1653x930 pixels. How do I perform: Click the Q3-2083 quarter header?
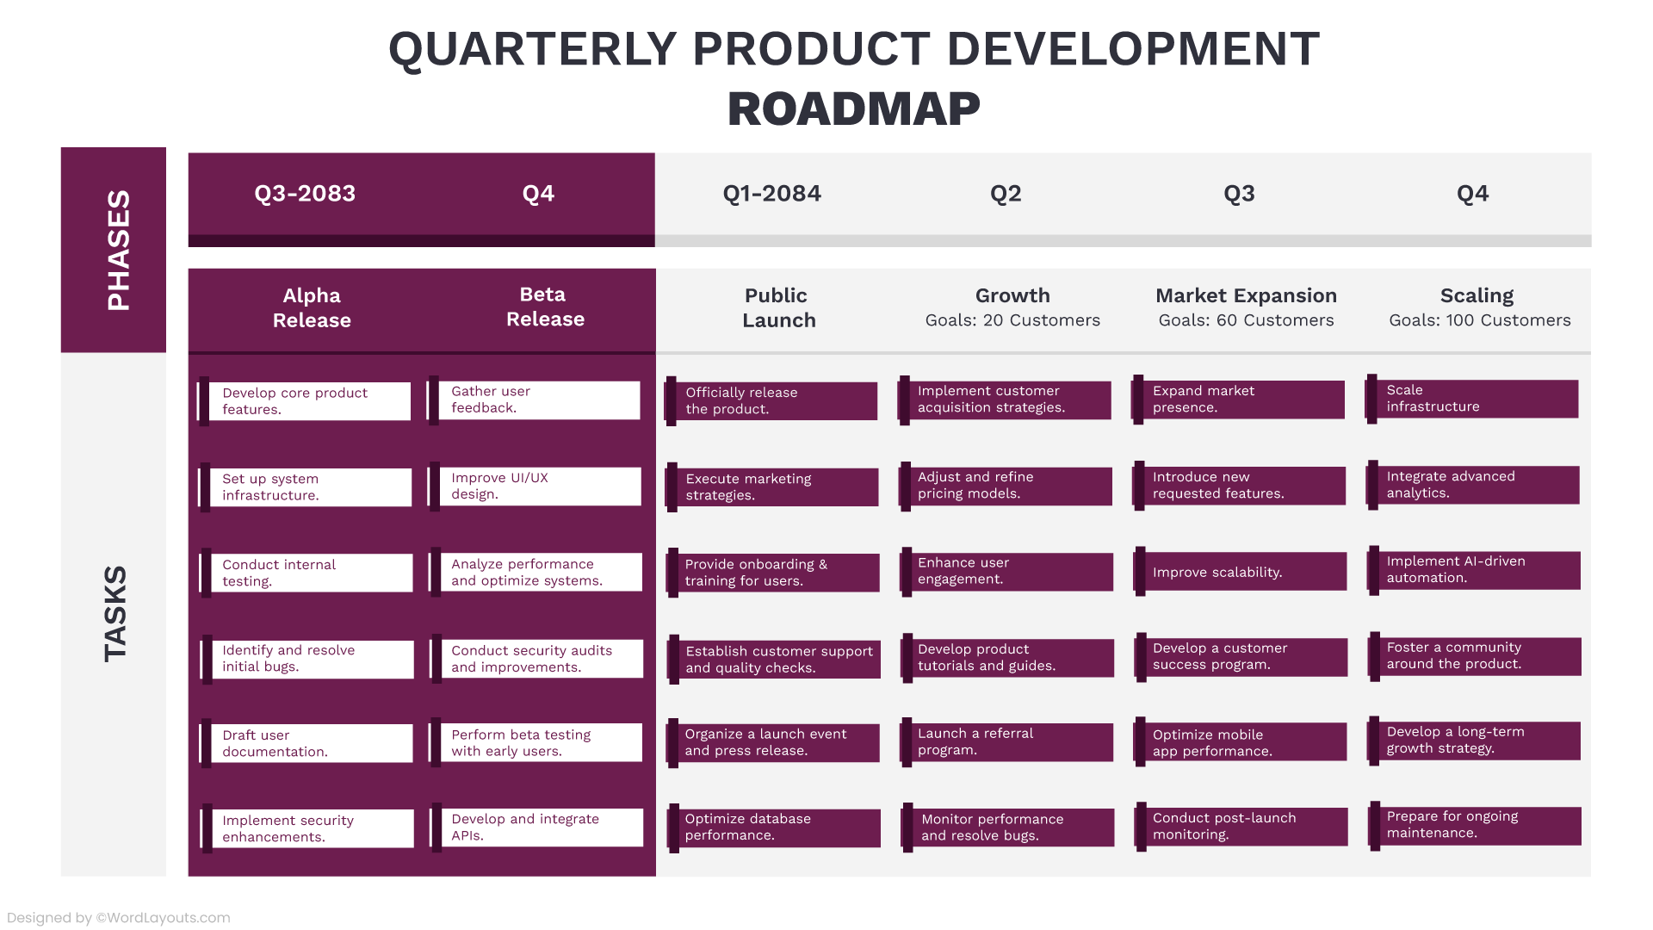pyautogui.click(x=305, y=194)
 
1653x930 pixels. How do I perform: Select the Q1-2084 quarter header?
pyautogui.click(x=771, y=194)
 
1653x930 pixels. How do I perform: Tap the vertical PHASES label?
pyautogui.click(x=117, y=250)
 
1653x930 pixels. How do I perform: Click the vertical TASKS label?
pyautogui.click(x=115, y=613)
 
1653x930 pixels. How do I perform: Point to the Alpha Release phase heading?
pyautogui.click(x=312, y=307)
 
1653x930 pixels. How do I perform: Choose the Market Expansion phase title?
pyautogui.click(x=1246, y=295)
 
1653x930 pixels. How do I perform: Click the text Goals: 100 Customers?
pyautogui.click(x=1479, y=320)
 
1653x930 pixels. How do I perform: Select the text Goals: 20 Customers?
pyautogui.click(x=1012, y=320)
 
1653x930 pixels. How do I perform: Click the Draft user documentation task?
pyautogui.click(x=310, y=743)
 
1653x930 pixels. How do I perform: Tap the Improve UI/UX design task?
pyautogui.click(x=539, y=486)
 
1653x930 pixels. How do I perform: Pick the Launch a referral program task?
pyautogui.click(x=1007, y=741)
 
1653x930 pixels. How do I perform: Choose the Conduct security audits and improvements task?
pyautogui.click(x=541, y=659)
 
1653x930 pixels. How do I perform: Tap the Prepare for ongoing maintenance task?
pyautogui.click(x=1474, y=825)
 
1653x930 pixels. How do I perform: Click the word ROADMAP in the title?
pyautogui.click(x=853, y=109)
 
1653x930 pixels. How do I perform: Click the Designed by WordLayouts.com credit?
pyautogui.click(x=119, y=918)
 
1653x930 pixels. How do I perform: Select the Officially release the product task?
pyautogui.click(x=772, y=400)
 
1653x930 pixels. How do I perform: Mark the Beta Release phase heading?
pyautogui.click(x=544, y=307)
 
